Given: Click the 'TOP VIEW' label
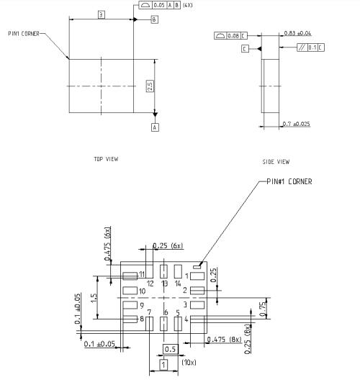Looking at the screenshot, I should coord(106,158).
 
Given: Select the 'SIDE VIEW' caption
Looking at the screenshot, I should coord(276,162).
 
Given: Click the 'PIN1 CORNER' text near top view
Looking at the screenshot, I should coord(24,33).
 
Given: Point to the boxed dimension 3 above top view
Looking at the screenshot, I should coord(102,14).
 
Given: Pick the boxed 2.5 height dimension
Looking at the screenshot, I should coord(149,85).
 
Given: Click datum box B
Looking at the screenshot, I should coord(154,20).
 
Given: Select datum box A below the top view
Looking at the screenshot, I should coord(154,127).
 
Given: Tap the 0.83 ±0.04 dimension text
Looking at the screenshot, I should coord(297,33).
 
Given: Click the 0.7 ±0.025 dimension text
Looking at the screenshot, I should coord(297,124).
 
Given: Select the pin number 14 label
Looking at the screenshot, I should coord(178,284).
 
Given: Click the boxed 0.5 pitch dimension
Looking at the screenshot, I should coord(170,349).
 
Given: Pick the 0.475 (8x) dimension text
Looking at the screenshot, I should coord(225,340).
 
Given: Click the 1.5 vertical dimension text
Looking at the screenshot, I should coord(94,296).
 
